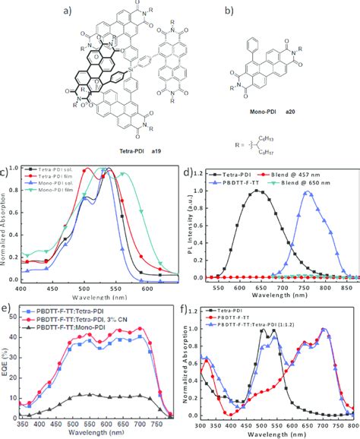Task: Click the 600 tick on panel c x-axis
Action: click(146, 289)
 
